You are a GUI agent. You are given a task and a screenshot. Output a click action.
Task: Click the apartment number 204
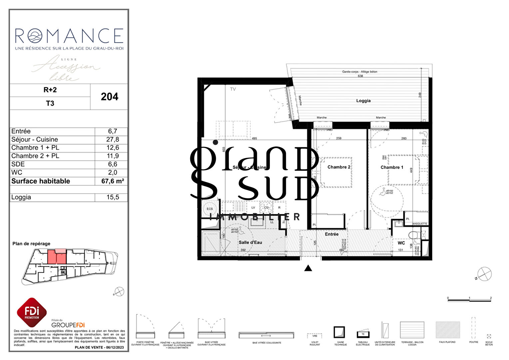point(109,97)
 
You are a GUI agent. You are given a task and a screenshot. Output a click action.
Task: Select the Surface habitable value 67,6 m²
point(113,181)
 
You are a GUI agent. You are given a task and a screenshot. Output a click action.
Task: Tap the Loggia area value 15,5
point(113,197)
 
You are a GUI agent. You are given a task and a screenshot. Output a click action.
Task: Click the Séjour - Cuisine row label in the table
point(35,139)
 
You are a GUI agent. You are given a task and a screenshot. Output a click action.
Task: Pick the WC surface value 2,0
point(113,172)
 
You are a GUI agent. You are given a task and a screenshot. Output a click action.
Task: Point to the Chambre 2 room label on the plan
point(338,167)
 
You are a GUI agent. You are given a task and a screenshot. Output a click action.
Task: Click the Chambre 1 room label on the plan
point(392,167)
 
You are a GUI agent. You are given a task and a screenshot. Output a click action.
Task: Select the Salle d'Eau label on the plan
point(250,242)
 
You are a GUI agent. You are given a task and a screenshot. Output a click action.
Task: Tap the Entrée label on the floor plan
point(331,234)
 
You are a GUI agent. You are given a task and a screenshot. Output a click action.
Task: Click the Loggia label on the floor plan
point(363,101)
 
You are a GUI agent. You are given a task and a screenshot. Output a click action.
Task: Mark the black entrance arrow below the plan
point(308,268)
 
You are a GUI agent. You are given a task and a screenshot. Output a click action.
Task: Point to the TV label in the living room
point(233,89)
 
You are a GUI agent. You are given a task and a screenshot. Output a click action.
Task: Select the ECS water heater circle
point(210,209)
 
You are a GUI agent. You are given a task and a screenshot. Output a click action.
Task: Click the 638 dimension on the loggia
point(360,76)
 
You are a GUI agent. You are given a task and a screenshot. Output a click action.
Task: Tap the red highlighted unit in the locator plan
point(56,257)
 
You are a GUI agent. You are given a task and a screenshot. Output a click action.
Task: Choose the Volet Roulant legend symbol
point(314,336)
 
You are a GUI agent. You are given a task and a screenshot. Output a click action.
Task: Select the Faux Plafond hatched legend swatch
point(447,330)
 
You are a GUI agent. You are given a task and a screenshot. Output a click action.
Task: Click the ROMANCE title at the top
point(69,36)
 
